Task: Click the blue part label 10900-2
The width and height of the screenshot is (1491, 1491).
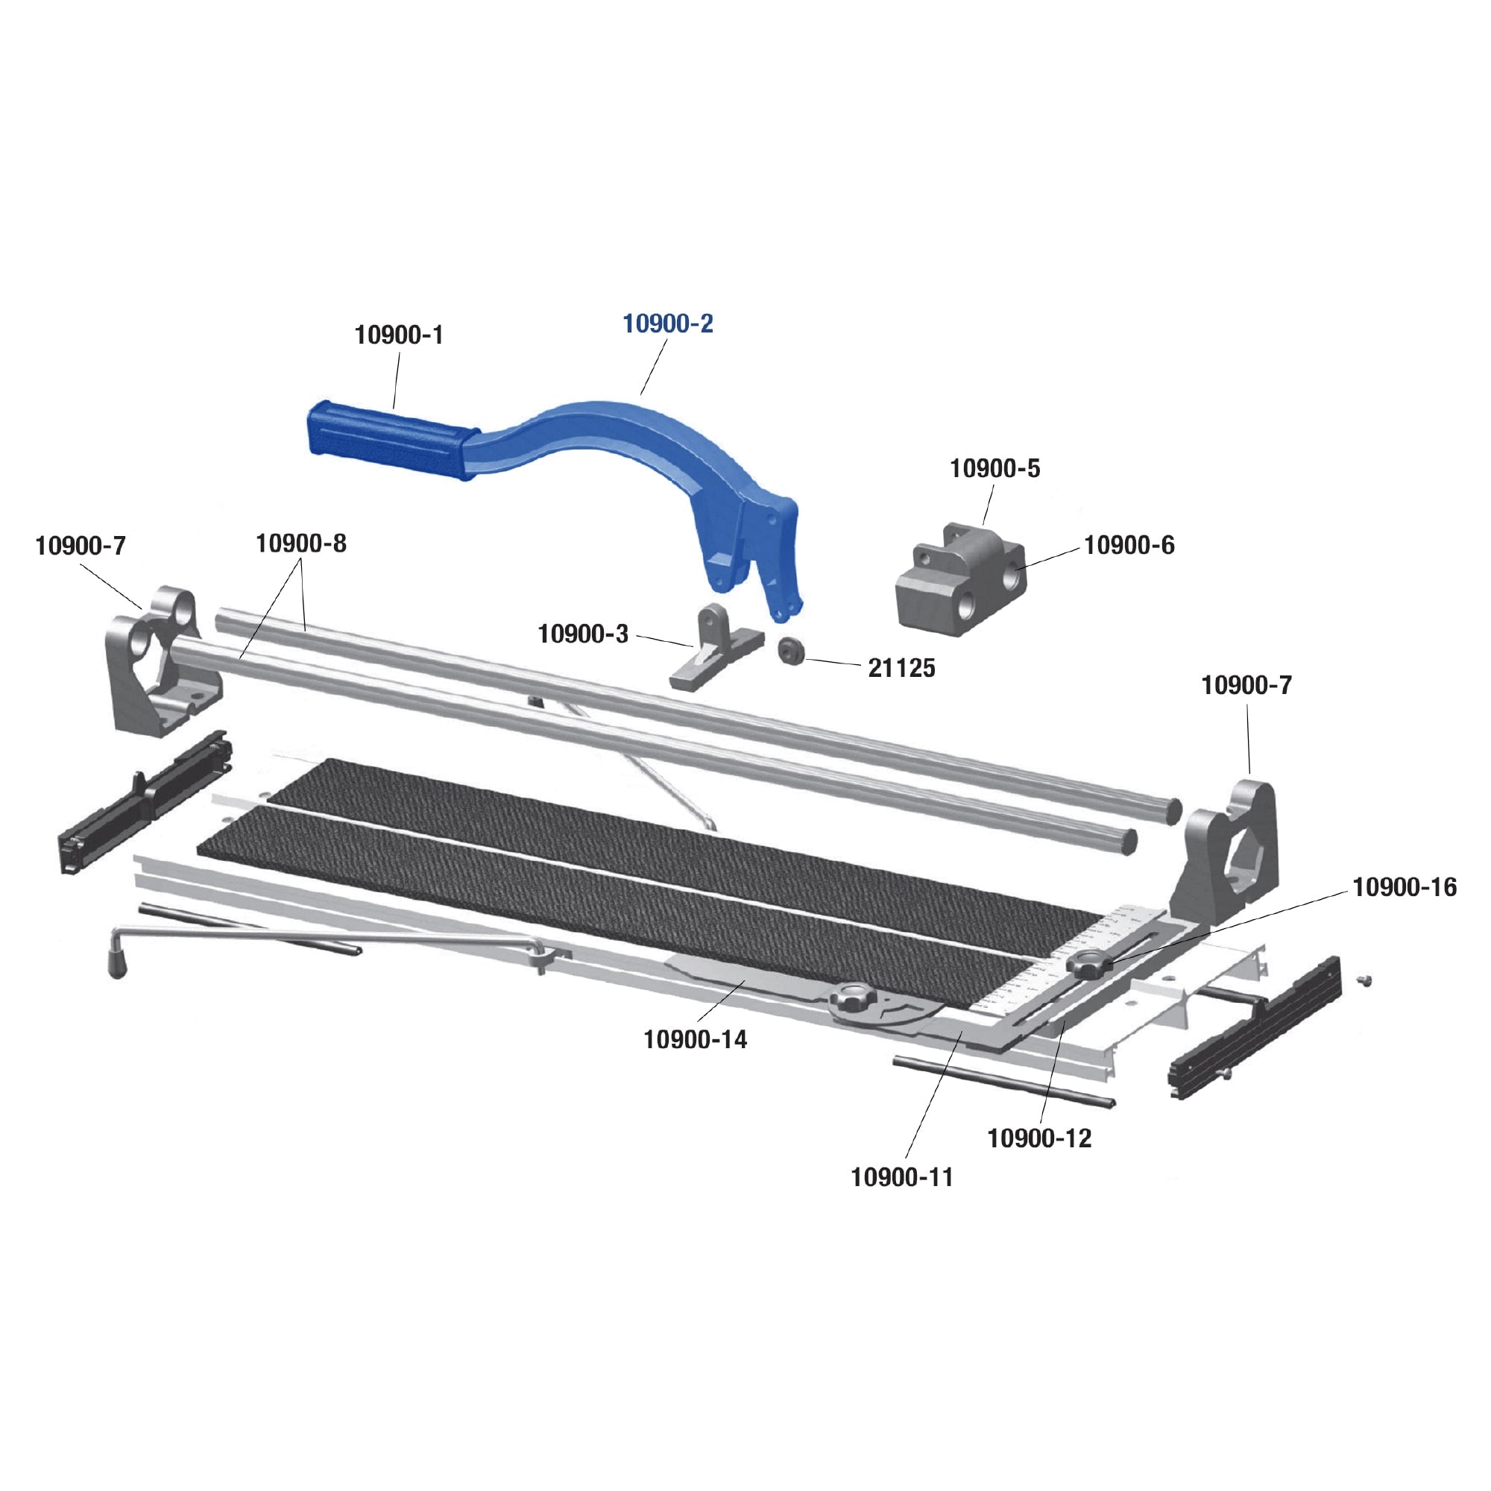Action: [667, 324]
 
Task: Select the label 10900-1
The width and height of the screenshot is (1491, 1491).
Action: [398, 335]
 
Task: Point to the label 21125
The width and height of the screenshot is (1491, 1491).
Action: [901, 667]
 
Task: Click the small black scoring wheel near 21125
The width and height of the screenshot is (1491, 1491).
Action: [790, 651]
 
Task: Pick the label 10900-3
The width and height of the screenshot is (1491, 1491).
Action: [583, 634]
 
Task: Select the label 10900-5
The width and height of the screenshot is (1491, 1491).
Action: [994, 468]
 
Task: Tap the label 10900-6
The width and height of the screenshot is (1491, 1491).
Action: [1128, 546]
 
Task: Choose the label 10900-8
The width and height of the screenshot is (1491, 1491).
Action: [301, 543]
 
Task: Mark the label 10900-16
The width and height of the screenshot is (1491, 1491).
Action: [1404, 887]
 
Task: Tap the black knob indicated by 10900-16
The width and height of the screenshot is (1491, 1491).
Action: [1089, 965]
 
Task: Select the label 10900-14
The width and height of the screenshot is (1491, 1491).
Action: [695, 1039]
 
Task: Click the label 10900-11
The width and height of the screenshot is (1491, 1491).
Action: [901, 1177]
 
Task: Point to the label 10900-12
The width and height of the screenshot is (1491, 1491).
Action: [1038, 1138]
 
